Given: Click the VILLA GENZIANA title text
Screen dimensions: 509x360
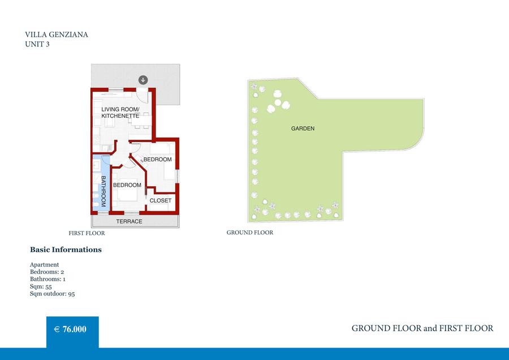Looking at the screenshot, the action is pos(57,35).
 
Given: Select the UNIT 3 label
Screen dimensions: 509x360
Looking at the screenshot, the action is pos(37,44).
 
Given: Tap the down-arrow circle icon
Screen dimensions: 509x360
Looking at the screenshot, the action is pos(143,80).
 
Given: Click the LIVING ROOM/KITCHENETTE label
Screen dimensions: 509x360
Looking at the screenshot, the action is pos(120,113).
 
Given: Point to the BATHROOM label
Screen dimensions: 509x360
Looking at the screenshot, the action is pos(103,191).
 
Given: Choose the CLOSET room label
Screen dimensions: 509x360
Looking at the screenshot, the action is pos(161,200).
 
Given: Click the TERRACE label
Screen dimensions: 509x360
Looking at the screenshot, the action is pos(129,221).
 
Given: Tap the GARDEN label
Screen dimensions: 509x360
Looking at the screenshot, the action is pos(303,128).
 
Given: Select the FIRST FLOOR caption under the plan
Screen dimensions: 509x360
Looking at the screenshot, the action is pos(87,233).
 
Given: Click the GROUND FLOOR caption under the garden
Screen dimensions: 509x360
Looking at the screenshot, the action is pos(250,232).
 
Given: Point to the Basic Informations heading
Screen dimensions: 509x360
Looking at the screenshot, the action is pos(66,250).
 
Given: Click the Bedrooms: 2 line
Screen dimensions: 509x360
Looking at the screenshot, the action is pos(47,272).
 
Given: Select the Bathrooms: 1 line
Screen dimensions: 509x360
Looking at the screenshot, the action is pos(48,279).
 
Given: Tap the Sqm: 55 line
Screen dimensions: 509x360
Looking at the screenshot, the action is pos(41,286).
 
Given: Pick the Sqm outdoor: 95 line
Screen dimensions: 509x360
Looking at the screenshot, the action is pos(52,294).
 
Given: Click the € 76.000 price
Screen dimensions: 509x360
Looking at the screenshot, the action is pos(70,329).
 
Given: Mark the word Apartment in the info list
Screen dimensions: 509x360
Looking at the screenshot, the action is pos(45,265).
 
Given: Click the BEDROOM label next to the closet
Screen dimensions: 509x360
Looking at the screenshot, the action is pos(157,159).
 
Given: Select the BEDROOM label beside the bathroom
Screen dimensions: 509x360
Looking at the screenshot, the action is pos(127,185).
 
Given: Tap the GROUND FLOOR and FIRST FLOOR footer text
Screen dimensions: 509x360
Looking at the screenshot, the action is pos(422,328).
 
